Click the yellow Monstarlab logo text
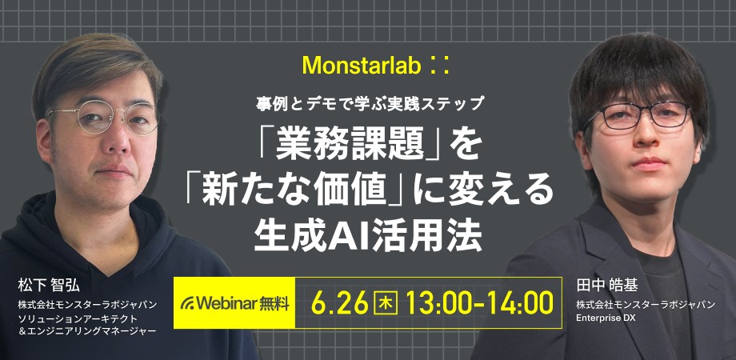pyautogui.click(x=362, y=66)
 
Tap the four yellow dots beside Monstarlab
pyautogui.click(x=439, y=66)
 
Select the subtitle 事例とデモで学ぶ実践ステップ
pyautogui.click(x=370, y=103)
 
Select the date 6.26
pyautogui.click(x=340, y=303)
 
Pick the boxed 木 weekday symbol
pyautogui.click(x=385, y=303)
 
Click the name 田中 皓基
pyautogui.click(x=607, y=285)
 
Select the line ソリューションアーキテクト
pyautogui.click(x=78, y=318)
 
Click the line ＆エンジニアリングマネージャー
pyautogui.click(x=86, y=331)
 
